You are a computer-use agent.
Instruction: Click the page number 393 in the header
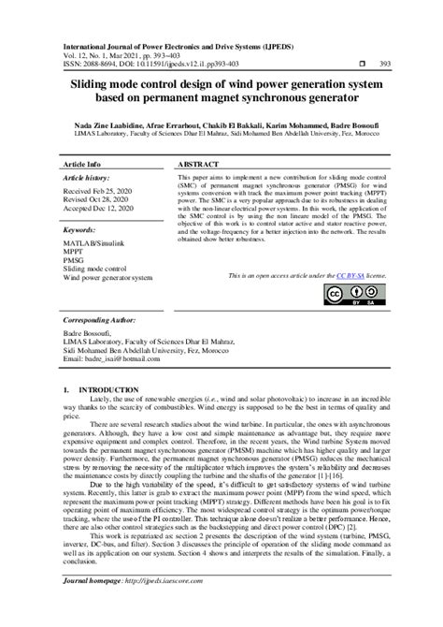384,64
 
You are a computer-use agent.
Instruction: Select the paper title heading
221,91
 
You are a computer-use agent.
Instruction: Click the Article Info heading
80,162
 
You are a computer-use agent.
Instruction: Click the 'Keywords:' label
79,229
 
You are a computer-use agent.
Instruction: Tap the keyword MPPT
74,253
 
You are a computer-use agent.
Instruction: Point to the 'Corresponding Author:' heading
101,319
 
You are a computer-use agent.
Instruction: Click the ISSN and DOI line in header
151,64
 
